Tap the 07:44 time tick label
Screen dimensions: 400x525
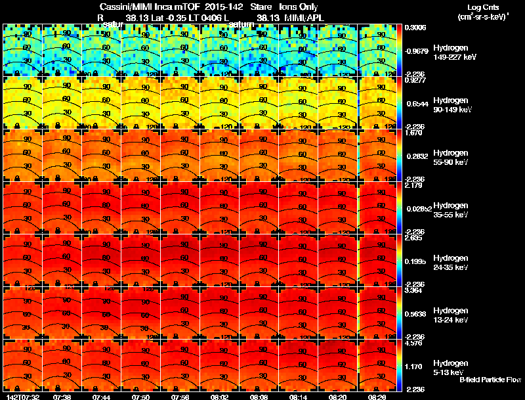click(101, 397)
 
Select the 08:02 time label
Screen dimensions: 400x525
click(220, 397)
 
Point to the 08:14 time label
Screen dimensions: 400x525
click(299, 397)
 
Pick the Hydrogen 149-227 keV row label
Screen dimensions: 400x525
click(450, 53)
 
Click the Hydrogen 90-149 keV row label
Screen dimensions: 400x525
click(450, 105)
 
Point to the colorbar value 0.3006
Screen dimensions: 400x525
click(415, 28)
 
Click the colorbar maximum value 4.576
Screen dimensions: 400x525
click(415, 343)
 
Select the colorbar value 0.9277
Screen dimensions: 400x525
click(415, 80)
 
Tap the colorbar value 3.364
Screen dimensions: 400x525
click(415, 290)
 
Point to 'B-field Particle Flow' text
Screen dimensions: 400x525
click(490, 380)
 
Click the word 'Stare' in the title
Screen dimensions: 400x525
click(252, 8)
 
